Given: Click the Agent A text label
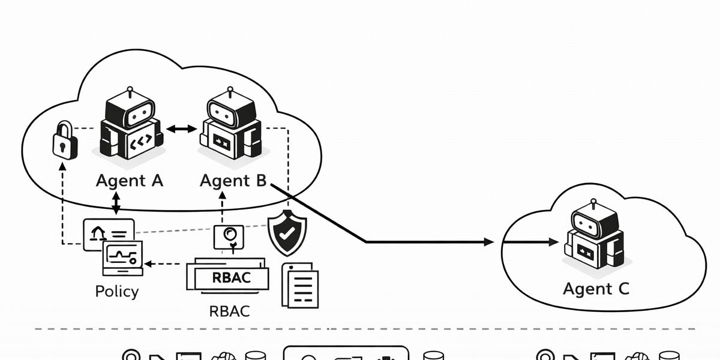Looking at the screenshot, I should click(129, 180).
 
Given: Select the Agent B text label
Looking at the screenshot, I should click(233, 180).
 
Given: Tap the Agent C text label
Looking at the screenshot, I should click(596, 289).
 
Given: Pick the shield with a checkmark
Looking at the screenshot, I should click(287, 233).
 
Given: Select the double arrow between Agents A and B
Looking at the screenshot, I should click(181, 128).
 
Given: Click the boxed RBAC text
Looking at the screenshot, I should click(231, 278).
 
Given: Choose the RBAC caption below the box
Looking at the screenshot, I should click(229, 311).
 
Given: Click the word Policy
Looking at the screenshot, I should click(117, 292).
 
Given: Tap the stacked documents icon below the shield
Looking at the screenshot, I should click(299, 285).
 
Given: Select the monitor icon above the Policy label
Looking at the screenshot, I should click(122, 257).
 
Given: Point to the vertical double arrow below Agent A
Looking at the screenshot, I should click(116, 203).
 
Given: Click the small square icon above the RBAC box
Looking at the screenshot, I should click(229, 236).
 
